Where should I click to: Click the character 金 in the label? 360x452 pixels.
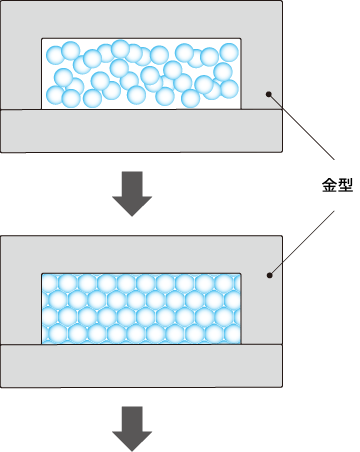click(328, 185)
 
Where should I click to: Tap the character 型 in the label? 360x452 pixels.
click(345, 185)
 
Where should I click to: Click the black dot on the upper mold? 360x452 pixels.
click(268, 94)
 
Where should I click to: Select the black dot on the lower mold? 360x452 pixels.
click(270, 275)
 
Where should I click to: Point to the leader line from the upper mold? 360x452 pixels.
click(301, 127)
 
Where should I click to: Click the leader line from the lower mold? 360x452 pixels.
click(302, 243)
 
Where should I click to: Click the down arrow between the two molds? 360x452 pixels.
click(132, 194)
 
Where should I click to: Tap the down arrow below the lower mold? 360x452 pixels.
click(132, 429)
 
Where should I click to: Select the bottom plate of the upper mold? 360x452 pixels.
click(141, 131)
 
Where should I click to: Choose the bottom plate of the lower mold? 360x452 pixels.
click(141, 366)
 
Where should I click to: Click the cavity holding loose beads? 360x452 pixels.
click(141, 74)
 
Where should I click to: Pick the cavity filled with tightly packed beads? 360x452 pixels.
click(141, 309)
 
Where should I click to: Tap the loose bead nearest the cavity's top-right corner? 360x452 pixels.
click(229, 52)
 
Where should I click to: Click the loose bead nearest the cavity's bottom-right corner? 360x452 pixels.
click(229, 89)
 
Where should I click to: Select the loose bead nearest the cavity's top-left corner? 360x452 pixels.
click(55, 55)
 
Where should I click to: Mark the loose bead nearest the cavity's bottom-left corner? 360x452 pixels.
click(55, 95)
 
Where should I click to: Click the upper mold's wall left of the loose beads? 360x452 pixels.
click(21, 73)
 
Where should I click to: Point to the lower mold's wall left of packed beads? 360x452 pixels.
click(21, 309)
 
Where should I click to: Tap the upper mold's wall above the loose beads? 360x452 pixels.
click(141, 19)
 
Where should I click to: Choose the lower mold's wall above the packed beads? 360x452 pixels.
click(141, 255)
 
